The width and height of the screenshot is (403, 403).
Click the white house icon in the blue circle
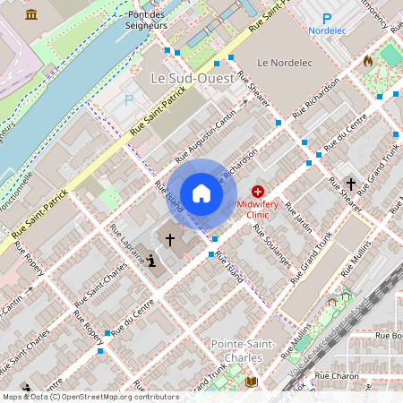[x=201, y=193]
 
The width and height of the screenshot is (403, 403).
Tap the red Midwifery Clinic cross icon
[x=258, y=192]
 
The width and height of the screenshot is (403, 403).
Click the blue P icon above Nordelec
[x=327, y=18]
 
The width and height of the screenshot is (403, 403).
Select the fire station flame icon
[x=367, y=62]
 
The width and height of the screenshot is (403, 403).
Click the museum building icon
[x=32, y=14]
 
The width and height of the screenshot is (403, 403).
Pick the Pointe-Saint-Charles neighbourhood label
[x=236, y=351]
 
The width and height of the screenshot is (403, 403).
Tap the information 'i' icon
[x=150, y=261]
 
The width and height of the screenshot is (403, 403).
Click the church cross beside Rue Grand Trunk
[x=351, y=184]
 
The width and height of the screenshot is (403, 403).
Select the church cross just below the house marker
[x=169, y=240]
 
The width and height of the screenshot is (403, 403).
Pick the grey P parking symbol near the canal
[x=129, y=101]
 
